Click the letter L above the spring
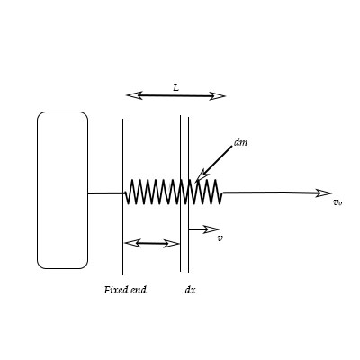175,87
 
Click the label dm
240,142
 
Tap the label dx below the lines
190,290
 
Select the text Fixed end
125,290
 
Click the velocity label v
220,239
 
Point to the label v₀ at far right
337,202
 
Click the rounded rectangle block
62,190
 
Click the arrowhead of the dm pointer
200,175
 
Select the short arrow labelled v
202,229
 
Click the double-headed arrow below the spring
151,242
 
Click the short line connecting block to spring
105,193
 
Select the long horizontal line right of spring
270,192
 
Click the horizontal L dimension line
175,94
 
